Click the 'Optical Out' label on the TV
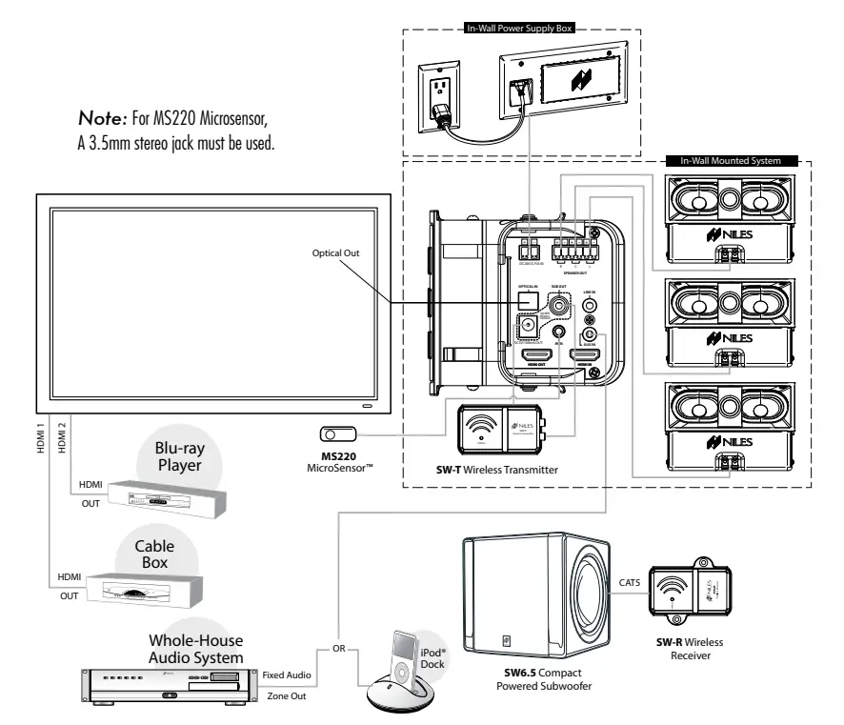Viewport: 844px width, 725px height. click(x=337, y=253)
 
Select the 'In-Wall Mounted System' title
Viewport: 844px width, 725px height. click(x=732, y=162)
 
